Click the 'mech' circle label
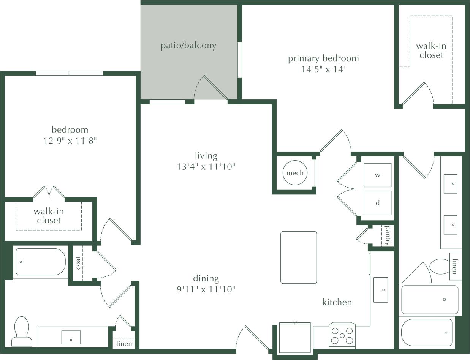[x=295, y=173]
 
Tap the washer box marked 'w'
[x=377, y=175]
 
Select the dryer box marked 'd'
[x=377, y=203]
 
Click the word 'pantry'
[x=388, y=235]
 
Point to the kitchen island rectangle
[x=299, y=257]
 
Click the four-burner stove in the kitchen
[x=342, y=335]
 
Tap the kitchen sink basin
[x=380, y=290]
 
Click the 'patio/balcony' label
[x=188, y=46]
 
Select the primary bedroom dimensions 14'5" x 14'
[x=323, y=69]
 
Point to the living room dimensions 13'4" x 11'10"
[x=206, y=166]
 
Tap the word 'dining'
[x=206, y=278]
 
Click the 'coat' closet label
[x=78, y=263]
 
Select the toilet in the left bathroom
[x=22, y=331]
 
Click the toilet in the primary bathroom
[x=439, y=266]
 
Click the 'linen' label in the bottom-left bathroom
[x=124, y=344]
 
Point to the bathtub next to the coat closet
[x=40, y=262]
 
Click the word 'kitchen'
[x=337, y=302]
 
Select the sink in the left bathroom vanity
[x=71, y=337]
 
